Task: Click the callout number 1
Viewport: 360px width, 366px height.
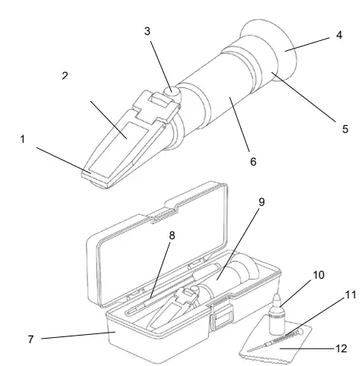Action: (x=23, y=139)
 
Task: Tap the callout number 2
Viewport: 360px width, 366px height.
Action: (x=65, y=76)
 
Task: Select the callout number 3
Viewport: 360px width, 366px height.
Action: (x=147, y=31)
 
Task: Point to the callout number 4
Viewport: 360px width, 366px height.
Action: (x=339, y=35)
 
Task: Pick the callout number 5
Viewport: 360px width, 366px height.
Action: (x=345, y=129)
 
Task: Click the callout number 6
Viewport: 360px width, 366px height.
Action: (x=253, y=162)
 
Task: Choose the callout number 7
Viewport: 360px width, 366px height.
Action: (x=30, y=339)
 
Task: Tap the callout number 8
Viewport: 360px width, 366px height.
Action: (x=172, y=235)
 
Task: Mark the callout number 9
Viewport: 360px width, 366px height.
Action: (x=261, y=202)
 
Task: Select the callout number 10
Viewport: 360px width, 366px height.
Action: (x=319, y=275)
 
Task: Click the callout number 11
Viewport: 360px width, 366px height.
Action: (x=351, y=295)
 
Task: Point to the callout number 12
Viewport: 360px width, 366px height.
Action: (x=341, y=349)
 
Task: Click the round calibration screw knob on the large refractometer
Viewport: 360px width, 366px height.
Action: (x=172, y=92)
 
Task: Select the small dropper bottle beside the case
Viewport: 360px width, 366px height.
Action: (x=277, y=314)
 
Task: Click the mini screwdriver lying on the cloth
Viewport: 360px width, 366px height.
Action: (x=276, y=339)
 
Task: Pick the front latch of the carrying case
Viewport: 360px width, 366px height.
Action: (x=222, y=317)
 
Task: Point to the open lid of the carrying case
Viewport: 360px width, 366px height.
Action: (x=157, y=243)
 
